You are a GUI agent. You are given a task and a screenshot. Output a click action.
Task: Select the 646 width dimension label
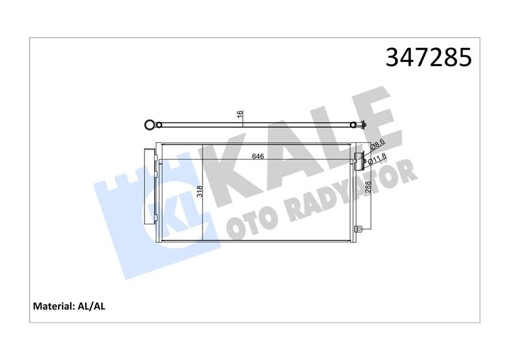258,156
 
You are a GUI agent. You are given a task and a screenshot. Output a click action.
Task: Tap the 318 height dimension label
199,192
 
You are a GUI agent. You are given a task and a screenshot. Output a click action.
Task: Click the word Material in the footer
53,306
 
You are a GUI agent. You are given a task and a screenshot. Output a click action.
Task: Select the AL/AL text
92,306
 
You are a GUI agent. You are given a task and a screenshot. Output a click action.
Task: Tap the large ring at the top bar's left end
147,125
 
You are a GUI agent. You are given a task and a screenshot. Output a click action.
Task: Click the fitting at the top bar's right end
362,125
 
